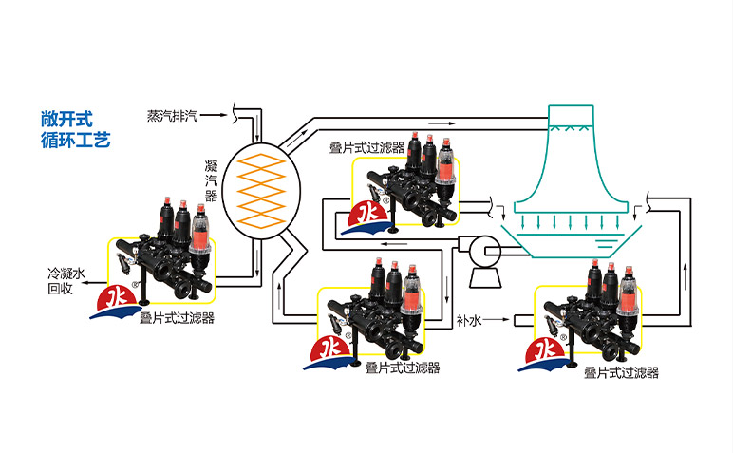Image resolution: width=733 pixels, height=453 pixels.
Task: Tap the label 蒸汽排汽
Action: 172,115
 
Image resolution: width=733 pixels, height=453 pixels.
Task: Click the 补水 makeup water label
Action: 469,321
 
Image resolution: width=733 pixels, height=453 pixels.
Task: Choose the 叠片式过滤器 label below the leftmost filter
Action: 177,319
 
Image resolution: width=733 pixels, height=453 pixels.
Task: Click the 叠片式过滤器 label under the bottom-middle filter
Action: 402,368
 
